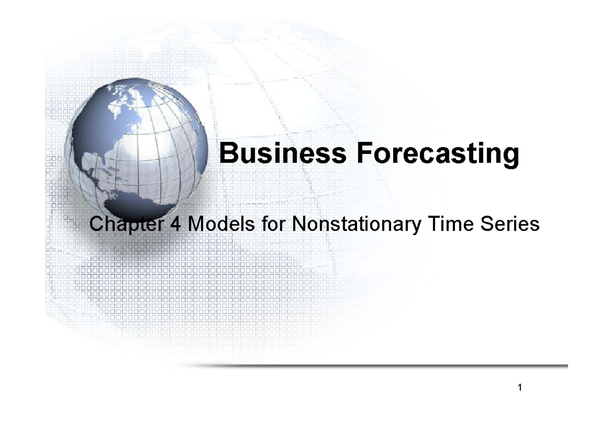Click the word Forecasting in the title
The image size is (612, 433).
coord(438,155)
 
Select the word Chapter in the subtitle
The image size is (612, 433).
coord(120,225)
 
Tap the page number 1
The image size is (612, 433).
coord(519,388)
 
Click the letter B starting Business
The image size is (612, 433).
coord(227,154)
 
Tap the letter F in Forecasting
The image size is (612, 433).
coord(365,154)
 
